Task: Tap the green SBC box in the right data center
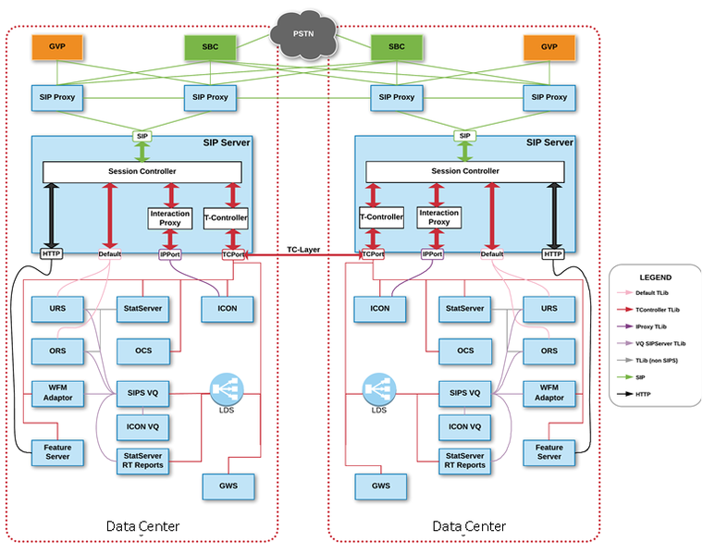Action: click(x=397, y=47)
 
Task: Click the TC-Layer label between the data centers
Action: click(x=303, y=249)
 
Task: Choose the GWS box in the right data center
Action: click(x=380, y=485)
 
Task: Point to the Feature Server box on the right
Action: click(x=549, y=450)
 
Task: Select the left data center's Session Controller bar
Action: click(x=142, y=172)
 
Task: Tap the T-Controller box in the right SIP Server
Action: click(x=381, y=217)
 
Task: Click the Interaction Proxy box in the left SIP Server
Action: click(x=170, y=217)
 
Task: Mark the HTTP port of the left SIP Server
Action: click(x=52, y=253)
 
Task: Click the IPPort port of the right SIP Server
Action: click(x=432, y=253)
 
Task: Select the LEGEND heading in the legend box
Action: click(x=656, y=277)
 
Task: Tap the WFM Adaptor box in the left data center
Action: click(x=58, y=392)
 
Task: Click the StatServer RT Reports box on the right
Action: click(x=464, y=460)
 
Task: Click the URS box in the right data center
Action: click(x=549, y=308)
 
